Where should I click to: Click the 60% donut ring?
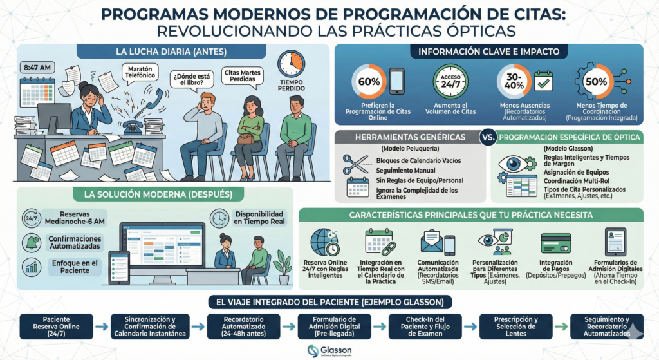click(369, 82)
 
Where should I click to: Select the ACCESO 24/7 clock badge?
click(450, 82)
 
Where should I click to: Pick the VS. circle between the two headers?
click(489, 137)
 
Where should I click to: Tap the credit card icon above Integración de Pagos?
click(554, 243)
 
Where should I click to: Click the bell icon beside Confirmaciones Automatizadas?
click(30, 242)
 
